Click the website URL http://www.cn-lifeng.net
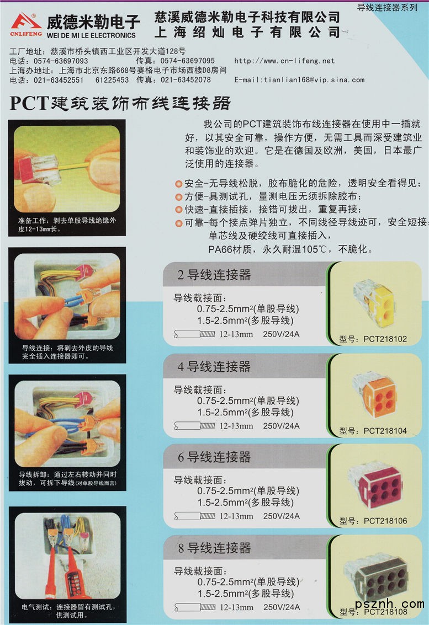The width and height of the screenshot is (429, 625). point(284,61)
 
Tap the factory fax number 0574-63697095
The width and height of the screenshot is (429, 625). point(188,61)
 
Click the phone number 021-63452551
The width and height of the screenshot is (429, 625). point(59,80)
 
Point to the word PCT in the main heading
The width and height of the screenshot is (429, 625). point(29,103)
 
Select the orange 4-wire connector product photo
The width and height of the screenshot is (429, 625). point(375,395)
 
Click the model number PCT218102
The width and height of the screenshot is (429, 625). point(385,339)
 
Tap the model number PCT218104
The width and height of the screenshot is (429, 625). point(385,431)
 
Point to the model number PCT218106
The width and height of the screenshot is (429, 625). point(385,521)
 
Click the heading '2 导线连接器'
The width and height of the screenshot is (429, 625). point(214,275)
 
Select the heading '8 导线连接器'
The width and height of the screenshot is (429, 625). point(214,548)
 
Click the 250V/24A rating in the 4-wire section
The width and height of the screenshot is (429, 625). point(282,426)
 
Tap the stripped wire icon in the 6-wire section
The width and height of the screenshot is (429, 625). point(195,516)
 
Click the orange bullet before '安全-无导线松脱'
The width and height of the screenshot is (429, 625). point(179,184)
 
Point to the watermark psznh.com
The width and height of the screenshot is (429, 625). point(389,604)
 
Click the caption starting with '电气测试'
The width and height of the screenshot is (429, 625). point(68,611)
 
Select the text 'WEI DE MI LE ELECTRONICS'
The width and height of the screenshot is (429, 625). point(91,35)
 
